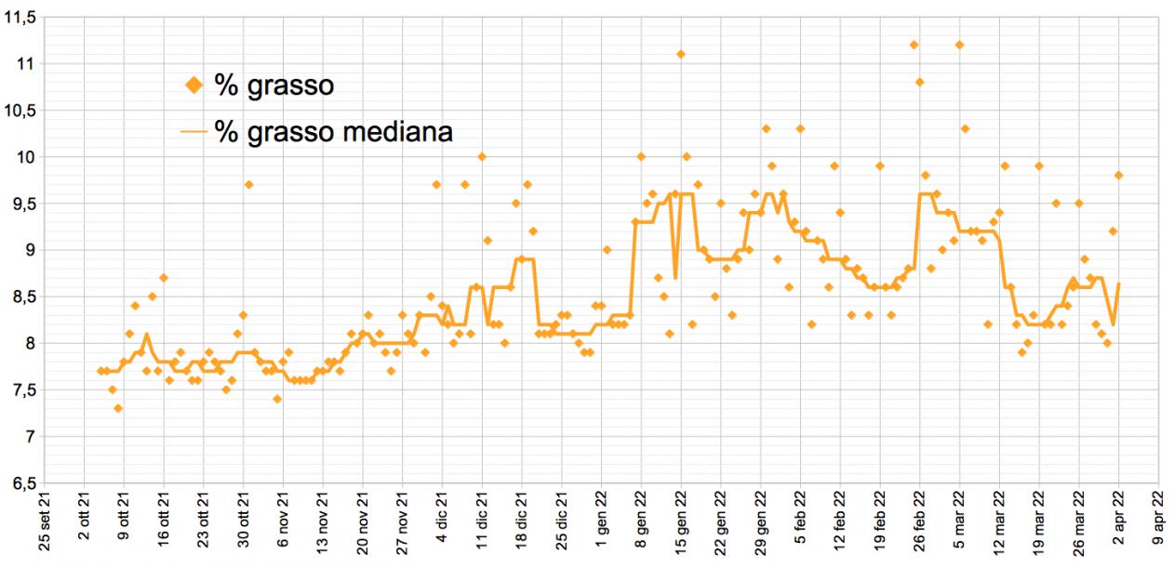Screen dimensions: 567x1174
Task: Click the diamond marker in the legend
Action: [x=193, y=86]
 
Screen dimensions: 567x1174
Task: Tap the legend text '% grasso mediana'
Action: [x=333, y=132]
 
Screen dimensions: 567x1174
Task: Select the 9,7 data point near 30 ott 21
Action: [x=248, y=184]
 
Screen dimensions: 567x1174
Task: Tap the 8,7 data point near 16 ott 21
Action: [x=164, y=277]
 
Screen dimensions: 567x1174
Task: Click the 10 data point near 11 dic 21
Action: [x=482, y=156]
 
